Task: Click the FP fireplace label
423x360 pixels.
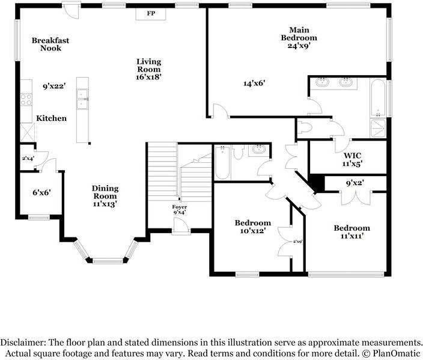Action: pos(151,13)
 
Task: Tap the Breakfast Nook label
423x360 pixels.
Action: pos(50,44)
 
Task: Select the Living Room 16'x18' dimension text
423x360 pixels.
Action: pos(149,77)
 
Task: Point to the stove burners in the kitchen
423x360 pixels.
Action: pos(26,100)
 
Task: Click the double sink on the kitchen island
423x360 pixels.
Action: pos(82,99)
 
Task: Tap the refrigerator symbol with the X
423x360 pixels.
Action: pos(28,132)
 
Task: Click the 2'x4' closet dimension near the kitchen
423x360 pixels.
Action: pos(28,159)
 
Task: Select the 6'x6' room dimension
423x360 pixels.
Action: pos(42,193)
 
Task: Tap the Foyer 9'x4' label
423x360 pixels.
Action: pos(180,209)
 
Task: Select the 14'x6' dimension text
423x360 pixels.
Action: pos(255,84)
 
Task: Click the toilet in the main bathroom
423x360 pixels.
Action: pos(305,127)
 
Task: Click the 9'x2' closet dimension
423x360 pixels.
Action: pos(355,183)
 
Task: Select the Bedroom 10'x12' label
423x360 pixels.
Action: pos(253,227)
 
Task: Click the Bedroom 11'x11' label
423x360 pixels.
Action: pos(351,232)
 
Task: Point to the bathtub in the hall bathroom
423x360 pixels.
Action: pos(223,162)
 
